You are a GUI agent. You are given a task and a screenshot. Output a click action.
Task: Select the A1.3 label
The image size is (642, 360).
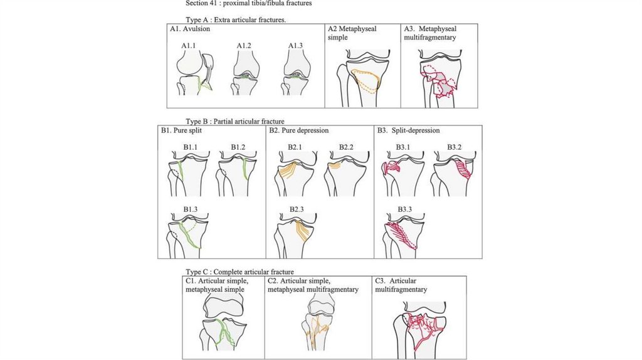pos(296,46)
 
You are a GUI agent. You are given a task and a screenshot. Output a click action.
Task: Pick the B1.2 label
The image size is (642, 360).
pos(238,147)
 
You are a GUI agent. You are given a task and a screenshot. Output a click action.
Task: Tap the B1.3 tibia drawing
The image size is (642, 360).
pos(188,236)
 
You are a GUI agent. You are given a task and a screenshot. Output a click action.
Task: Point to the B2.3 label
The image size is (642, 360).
pos(297,208)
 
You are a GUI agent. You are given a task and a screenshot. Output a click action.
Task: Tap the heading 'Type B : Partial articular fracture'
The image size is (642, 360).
pos(235,121)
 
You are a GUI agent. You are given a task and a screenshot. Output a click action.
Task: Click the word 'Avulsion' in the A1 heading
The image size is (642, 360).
pos(197,29)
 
